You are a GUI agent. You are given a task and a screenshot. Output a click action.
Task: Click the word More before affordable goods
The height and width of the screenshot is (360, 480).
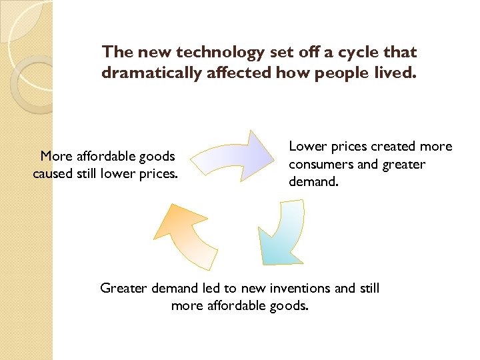point(57,157)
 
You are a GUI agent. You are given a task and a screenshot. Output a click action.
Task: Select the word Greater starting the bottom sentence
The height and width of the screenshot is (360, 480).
point(124,288)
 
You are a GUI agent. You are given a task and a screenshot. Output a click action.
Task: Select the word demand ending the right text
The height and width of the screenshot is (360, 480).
point(311,181)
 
